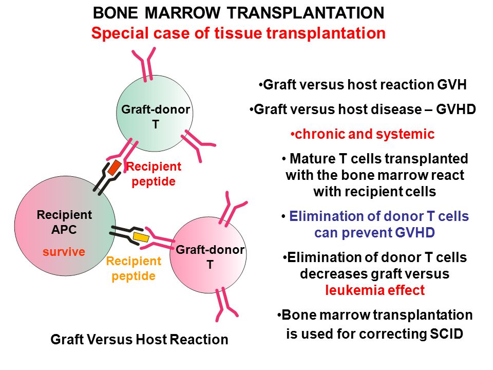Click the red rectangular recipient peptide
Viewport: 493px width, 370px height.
click(115, 168)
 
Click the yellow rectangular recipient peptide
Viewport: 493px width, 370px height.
click(141, 237)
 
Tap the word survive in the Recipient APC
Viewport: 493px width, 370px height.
click(64, 252)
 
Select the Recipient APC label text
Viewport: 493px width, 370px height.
click(64, 222)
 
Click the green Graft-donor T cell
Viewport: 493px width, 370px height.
click(155, 114)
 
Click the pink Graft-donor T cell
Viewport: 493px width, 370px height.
click(208, 255)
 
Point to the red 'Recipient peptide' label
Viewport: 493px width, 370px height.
click(154, 174)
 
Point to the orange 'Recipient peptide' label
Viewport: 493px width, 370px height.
click(134, 268)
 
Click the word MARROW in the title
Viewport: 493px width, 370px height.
click(182, 13)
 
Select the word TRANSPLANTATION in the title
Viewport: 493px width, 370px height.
click(306, 13)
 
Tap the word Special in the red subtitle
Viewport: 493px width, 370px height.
click(120, 33)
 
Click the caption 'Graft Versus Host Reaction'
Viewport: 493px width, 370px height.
click(139, 340)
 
